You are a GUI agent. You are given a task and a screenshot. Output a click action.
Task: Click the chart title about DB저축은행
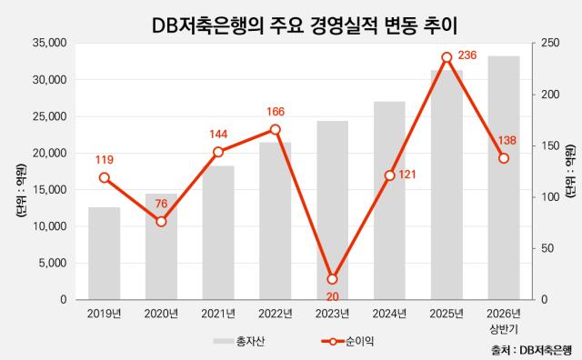point(305,25)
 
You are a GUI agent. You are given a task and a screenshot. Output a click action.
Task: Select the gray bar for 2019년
point(105,253)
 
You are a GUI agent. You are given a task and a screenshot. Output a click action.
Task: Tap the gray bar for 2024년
point(389,200)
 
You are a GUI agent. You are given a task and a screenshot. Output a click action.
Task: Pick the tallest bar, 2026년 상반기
point(504,178)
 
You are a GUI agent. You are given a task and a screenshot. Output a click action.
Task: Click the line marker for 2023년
point(333,279)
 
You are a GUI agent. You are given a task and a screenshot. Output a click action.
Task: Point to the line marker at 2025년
point(447,57)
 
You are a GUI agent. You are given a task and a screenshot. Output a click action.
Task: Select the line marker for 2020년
point(162,222)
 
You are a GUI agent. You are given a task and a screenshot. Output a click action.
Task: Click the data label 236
point(467,55)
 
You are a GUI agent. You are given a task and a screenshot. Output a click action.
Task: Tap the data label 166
point(276,111)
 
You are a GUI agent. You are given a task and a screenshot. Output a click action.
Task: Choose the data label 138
point(507,140)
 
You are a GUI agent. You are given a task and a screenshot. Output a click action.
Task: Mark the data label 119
point(105,160)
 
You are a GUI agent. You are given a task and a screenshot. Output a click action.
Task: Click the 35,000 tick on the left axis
point(50,43)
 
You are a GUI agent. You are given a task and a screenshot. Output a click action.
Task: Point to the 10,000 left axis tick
point(50,226)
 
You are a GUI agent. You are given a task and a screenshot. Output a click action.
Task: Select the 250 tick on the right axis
point(549,43)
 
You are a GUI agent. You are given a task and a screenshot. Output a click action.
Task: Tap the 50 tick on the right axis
point(547,248)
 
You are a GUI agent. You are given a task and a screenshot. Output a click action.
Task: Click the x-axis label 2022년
point(276,314)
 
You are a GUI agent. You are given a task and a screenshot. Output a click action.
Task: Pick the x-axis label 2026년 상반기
point(504,322)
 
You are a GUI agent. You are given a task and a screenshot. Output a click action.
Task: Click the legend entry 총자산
point(239,342)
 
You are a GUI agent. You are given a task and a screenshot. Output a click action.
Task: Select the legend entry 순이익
point(347,342)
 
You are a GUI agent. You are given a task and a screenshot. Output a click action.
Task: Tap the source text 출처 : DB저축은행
point(531,350)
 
